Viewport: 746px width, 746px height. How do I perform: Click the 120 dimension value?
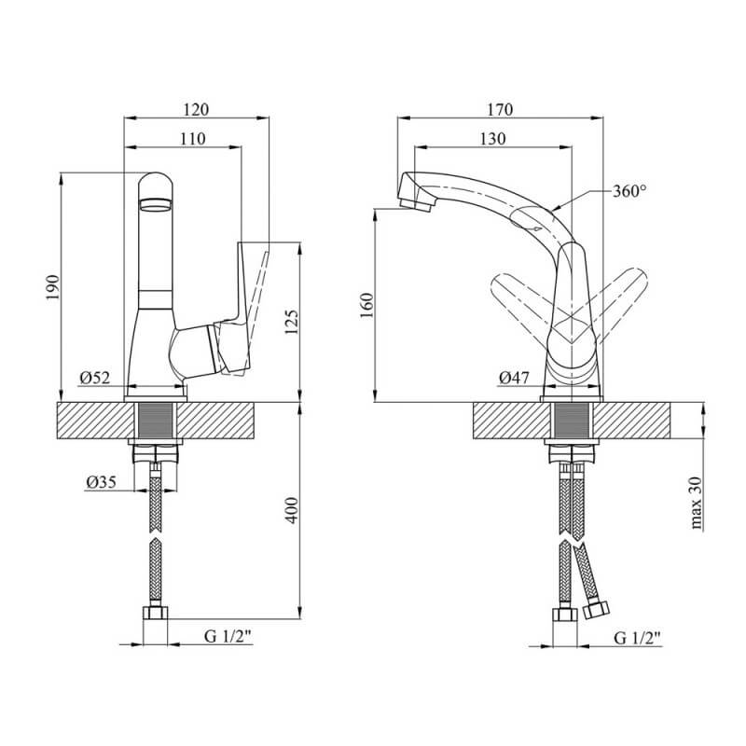pos(196,110)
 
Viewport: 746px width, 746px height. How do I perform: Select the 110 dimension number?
pos(193,139)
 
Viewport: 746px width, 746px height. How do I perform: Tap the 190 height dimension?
pos(52,287)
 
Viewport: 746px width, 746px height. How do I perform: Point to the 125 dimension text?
pos(291,322)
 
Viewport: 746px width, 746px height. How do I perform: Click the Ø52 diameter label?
pos(95,378)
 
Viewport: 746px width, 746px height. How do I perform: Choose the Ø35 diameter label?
pos(101,482)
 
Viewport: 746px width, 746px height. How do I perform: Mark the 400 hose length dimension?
pos(291,510)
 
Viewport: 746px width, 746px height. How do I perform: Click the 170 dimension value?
pos(500,110)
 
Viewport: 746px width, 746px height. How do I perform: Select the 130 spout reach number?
pos(492,139)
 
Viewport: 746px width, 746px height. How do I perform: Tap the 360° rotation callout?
pos(629,191)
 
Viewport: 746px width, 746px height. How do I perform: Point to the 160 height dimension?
pos(367,306)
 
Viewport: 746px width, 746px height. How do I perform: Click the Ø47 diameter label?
pos(514,378)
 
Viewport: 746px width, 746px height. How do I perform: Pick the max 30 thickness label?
pos(696,503)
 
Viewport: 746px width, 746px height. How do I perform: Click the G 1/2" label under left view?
pos(228,636)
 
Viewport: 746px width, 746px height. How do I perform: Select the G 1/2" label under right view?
pos(638,638)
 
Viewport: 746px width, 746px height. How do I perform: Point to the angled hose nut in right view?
pos(597,610)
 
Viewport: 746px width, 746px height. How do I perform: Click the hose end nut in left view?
pos(155,613)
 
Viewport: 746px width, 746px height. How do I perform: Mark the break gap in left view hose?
pos(156,535)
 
